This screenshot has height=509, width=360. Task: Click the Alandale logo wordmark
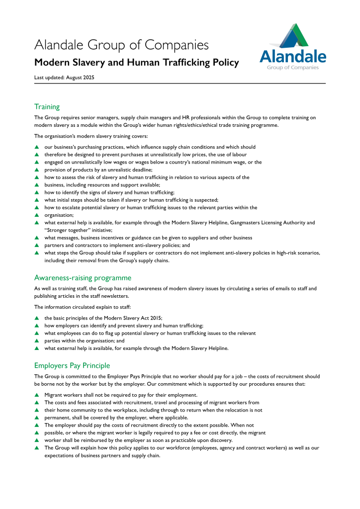pyautogui.click(x=292, y=56)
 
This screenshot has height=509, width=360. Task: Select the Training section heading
pyautogui.click(x=47, y=106)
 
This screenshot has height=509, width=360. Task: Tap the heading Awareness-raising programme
pyautogui.click(x=83, y=277)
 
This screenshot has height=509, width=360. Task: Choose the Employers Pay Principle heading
pyautogui.click(x=72, y=365)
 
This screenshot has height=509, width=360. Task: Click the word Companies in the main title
pyautogui.click(x=176, y=45)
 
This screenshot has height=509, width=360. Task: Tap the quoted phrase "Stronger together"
pyautogui.click(x=63, y=230)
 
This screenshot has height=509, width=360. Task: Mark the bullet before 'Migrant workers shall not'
pyautogui.click(x=36, y=395)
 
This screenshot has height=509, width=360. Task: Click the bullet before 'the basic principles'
pyautogui.click(x=36, y=318)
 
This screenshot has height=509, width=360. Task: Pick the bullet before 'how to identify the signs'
pyautogui.click(x=36, y=192)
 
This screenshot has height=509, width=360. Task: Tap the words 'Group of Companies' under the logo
pyautogui.click(x=293, y=68)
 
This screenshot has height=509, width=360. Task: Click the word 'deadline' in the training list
pyautogui.click(x=142, y=170)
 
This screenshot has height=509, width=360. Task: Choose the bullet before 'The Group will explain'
pyautogui.click(x=36, y=448)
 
